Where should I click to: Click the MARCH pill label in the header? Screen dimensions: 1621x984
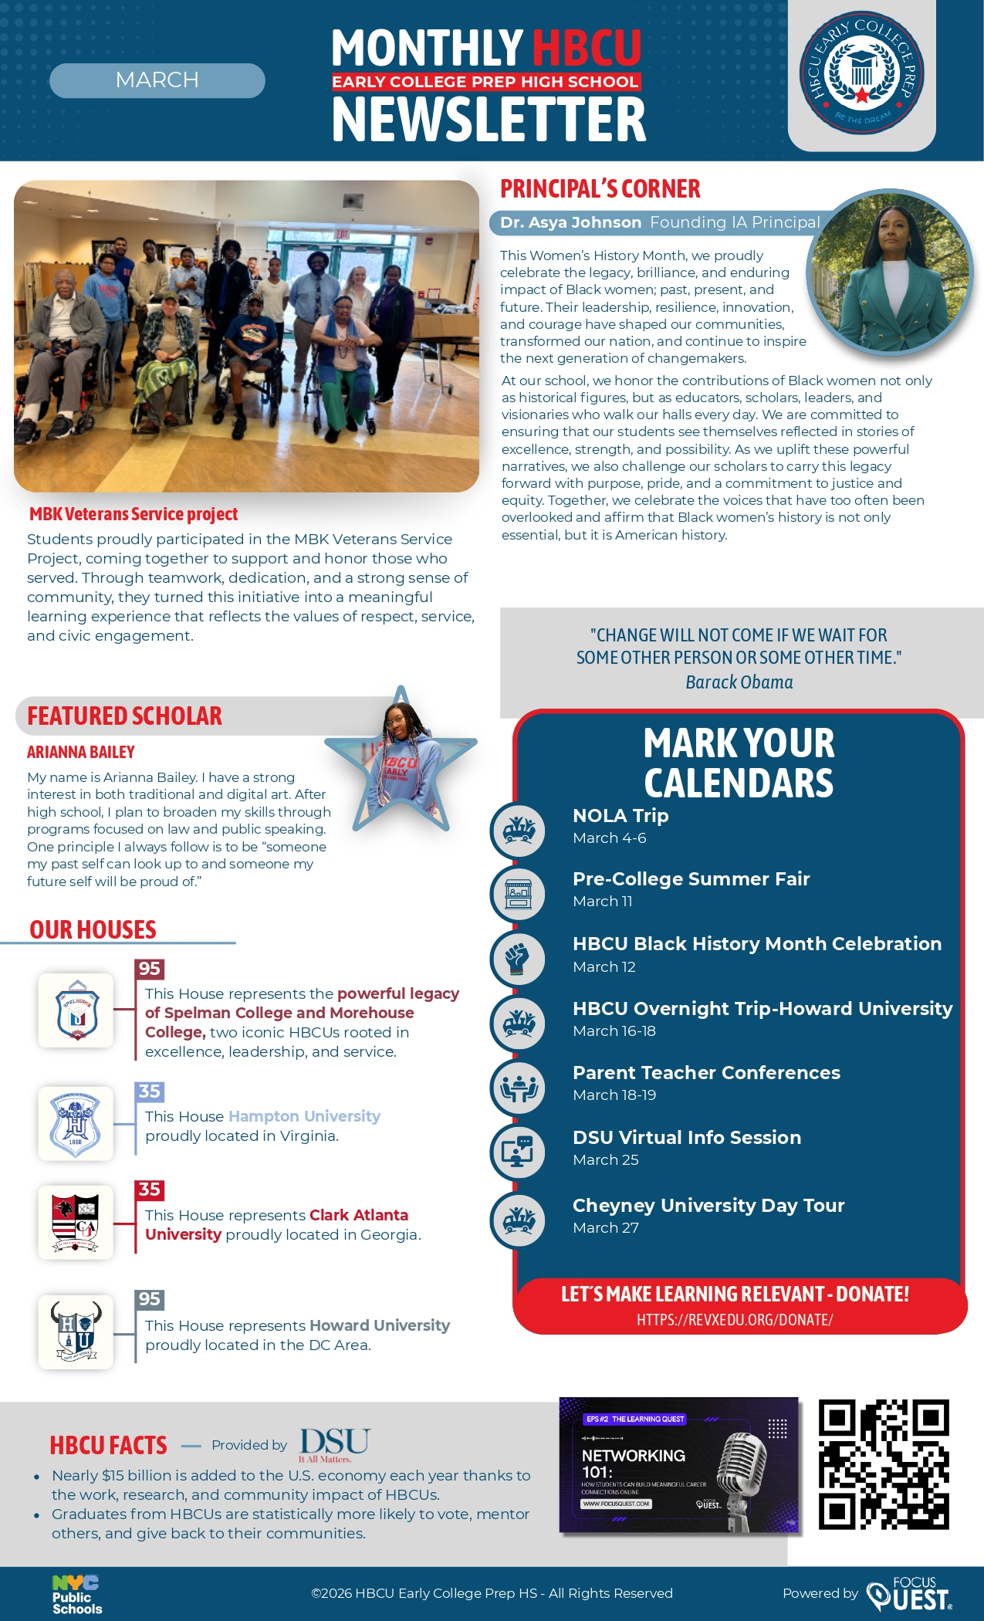(157, 80)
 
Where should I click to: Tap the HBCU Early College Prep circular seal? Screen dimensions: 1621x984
(861, 73)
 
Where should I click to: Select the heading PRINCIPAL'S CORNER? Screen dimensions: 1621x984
(600, 189)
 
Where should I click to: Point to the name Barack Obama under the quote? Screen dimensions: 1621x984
(739, 682)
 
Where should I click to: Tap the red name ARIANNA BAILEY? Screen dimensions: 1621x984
(81, 752)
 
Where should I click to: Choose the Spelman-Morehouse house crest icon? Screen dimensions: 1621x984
(76, 1010)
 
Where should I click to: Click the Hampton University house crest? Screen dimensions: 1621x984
(76, 1123)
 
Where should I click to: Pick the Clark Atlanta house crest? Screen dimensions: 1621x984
(76, 1222)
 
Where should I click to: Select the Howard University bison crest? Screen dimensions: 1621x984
(76, 1332)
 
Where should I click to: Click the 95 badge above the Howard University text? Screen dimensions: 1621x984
(149, 1299)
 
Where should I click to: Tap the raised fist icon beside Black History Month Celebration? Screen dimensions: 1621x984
(518, 959)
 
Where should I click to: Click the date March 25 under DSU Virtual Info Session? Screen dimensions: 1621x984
(606, 1159)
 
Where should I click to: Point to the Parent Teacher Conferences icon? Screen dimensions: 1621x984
(518, 1088)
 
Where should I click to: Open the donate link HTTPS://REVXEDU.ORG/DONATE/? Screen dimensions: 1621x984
(735, 1319)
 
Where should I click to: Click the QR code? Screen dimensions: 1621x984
(883, 1464)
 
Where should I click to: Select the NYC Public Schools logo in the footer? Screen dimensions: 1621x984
(76, 1595)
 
